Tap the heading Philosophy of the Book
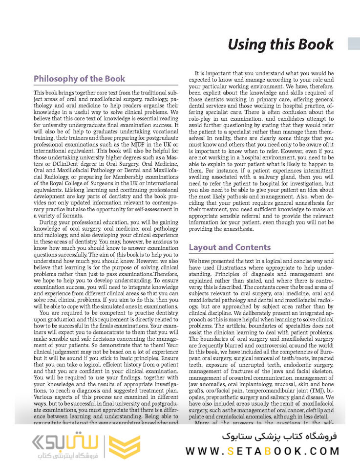click(x=79, y=79)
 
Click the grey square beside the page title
click(x=353, y=44)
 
